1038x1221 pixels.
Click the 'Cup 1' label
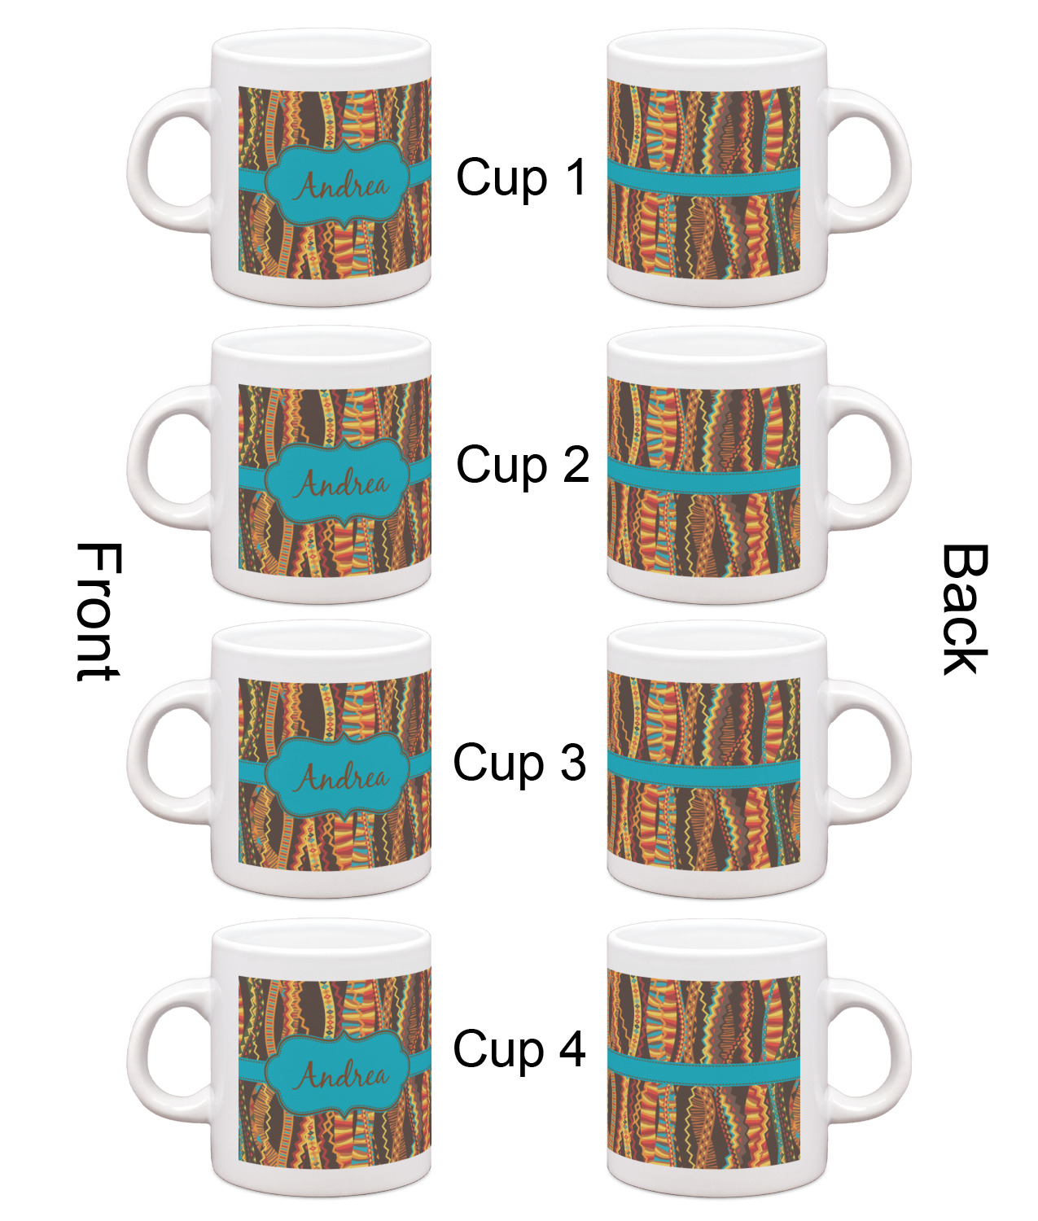tap(521, 177)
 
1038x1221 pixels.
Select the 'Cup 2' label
tap(522, 466)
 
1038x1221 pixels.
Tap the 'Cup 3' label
tap(519, 763)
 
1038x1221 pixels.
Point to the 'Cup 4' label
tap(519, 1048)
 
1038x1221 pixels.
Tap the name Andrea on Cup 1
tap(342, 186)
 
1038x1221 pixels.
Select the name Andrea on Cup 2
tap(342, 484)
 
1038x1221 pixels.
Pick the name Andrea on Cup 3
tap(342, 777)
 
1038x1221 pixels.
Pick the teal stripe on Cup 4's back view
tap(704, 1067)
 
